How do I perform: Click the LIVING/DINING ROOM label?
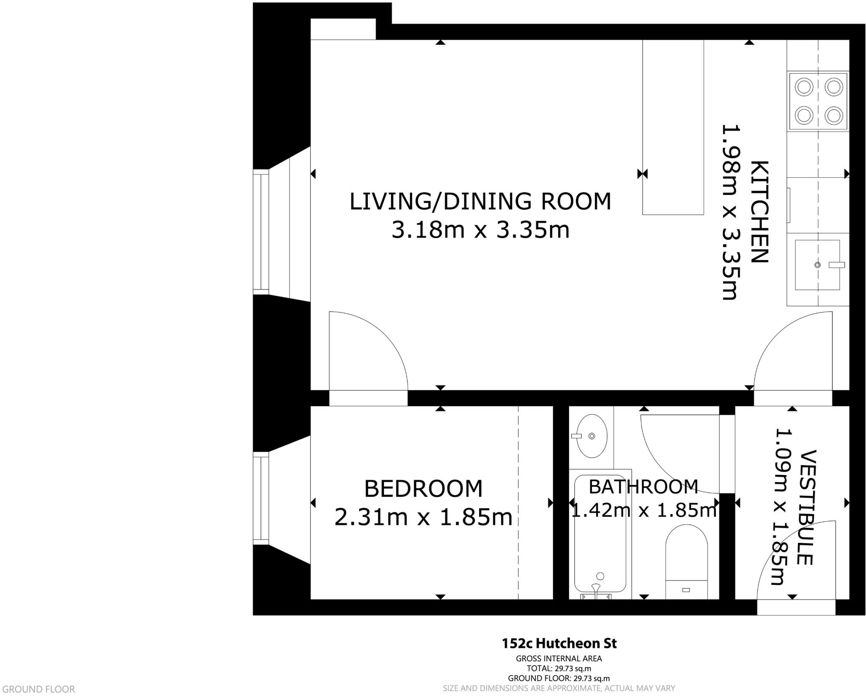tap(480, 201)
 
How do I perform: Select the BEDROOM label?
tap(423, 489)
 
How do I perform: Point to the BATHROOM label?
tap(643, 487)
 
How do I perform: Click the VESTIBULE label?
tap(805, 508)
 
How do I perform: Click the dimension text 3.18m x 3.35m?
tap(480, 230)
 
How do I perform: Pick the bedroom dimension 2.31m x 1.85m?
tap(423, 517)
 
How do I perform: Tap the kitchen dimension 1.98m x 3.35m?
tap(730, 212)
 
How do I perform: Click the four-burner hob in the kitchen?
tap(818, 101)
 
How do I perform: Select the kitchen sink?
tap(817, 265)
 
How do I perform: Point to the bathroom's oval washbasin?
tap(592, 436)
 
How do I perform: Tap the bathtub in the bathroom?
tap(600, 534)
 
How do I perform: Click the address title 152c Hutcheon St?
tap(559, 644)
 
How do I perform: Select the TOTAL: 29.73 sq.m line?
tap(559, 669)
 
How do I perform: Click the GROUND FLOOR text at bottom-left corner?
tap(37, 689)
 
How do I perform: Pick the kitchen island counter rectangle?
tap(673, 127)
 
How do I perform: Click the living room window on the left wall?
tap(261, 232)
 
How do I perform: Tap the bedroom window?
tap(261, 498)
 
